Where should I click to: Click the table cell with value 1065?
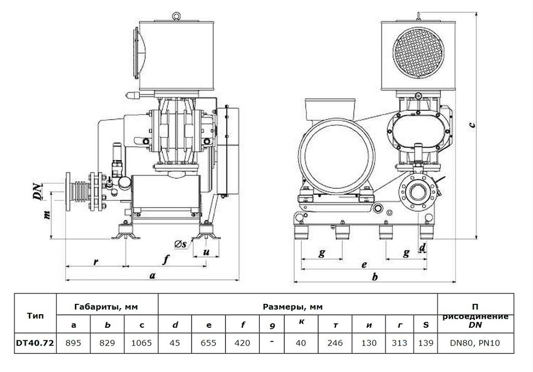(x=141, y=342)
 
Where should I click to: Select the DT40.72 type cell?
(x=34, y=342)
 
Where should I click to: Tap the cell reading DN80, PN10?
(x=475, y=342)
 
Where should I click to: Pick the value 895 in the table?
(x=73, y=342)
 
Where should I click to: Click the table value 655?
(x=209, y=342)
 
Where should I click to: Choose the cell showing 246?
(x=336, y=342)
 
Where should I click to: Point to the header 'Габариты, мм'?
(x=106, y=306)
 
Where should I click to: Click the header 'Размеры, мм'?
(x=297, y=306)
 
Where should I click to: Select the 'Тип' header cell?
(x=34, y=315)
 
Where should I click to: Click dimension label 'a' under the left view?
(x=152, y=276)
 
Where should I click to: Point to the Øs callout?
(x=182, y=243)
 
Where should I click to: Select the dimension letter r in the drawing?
(x=96, y=262)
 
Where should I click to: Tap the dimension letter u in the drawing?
(x=207, y=252)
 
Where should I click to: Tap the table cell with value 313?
(x=400, y=342)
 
